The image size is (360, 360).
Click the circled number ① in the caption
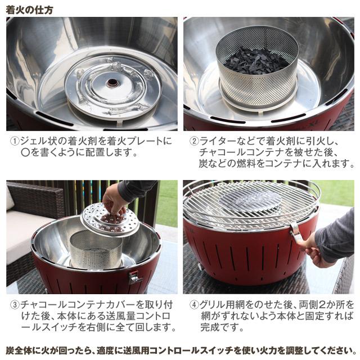15,141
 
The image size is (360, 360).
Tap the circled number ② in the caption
194,141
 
